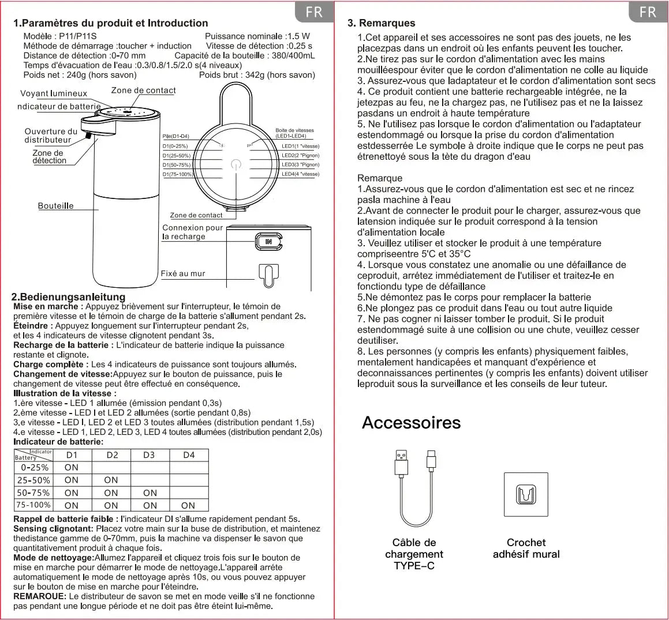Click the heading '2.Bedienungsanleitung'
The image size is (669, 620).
tap(69, 297)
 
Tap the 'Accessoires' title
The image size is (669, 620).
tap(412, 423)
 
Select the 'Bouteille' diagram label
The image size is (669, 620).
tap(55, 206)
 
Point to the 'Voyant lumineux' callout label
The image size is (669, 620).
tap(53, 93)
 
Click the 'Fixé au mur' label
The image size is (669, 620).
tap(182, 274)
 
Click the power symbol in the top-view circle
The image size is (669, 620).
tap(236, 164)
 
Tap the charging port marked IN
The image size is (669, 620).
tap(268, 241)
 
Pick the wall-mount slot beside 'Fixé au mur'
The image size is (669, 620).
tap(269, 276)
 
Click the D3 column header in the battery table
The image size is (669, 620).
tap(149, 455)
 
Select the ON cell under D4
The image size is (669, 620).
tap(188, 505)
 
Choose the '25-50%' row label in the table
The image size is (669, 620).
tap(33, 480)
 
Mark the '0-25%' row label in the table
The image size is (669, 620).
tap(35, 467)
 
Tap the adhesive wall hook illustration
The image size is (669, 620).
tap(526, 495)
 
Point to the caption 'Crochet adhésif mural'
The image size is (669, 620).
tap(526, 548)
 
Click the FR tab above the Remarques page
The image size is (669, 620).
tap(648, 12)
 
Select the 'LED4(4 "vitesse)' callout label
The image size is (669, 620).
tap(300, 174)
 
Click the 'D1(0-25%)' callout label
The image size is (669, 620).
tap(175, 146)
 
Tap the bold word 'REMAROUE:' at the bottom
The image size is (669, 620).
tap(40, 596)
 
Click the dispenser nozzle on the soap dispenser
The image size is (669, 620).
tap(88, 136)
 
